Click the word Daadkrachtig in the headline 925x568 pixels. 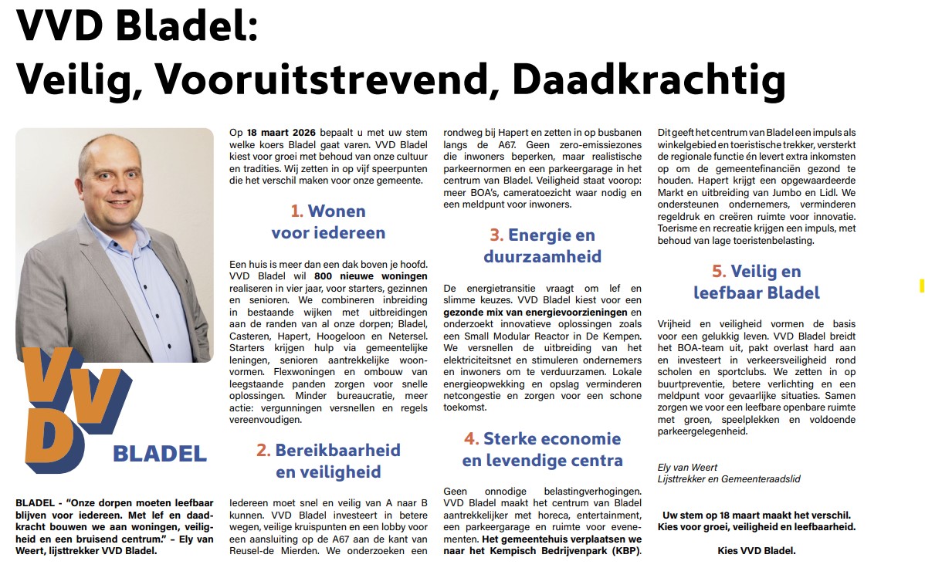[x=649, y=79]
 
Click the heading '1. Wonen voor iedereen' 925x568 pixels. [x=328, y=221]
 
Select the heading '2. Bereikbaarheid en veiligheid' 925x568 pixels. [x=328, y=461]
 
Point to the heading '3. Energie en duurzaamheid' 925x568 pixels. [x=542, y=245]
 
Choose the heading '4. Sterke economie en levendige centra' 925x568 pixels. [x=542, y=450]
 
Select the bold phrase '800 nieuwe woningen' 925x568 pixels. [x=371, y=276]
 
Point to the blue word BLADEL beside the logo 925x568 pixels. [x=160, y=454]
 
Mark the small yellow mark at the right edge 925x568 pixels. [x=921, y=286]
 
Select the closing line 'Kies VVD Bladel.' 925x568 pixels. [x=756, y=551]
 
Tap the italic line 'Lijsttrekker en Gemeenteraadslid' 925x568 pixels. [x=728, y=479]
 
